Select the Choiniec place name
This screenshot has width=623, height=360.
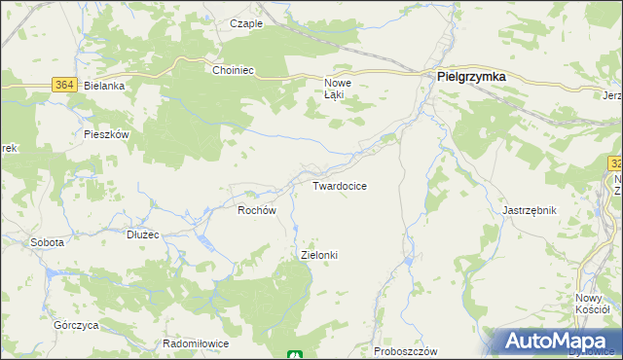pyautogui.click(x=233, y=70)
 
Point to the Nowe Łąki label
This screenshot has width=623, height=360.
pyautogui.click(x=337, y=90)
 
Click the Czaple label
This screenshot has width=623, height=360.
pyautogui.click(x=246, y=23)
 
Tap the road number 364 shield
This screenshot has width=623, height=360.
pyautogui.click(x=64, y=86)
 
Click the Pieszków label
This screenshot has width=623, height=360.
pyautogui.click(x=107, y=134)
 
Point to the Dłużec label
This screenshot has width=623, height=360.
pyautogui.click(x=143, y=234)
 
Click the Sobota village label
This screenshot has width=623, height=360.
pyautogui.click(x=47, y=242)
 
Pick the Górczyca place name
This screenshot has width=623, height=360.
pyautogui.click(x=74, y=323)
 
